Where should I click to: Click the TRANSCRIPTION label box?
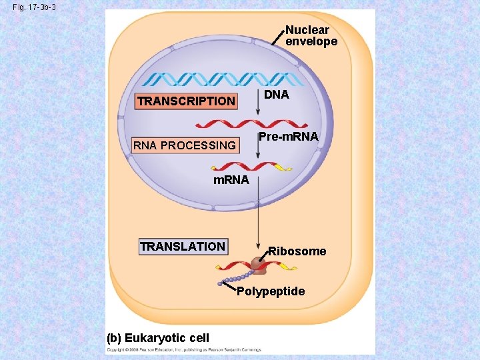tap(186, 101)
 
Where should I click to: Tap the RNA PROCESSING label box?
tap(185, 145)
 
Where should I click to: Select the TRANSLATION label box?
tap(183, 247)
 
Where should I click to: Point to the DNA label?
tap(276, 95)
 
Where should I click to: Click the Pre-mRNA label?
tap(288, 137)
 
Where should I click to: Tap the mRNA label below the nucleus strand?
tap(231, 180)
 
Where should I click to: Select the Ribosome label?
tap(297, 251)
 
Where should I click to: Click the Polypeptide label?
tap(271, 291)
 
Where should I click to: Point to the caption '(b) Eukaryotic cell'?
tap(159, 338)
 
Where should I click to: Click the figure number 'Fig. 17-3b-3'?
tap(33, 7)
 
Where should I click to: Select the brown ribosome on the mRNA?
tap(257, 265)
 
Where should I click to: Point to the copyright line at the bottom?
tap(184, 349)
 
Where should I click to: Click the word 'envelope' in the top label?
tap(311, 41)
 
